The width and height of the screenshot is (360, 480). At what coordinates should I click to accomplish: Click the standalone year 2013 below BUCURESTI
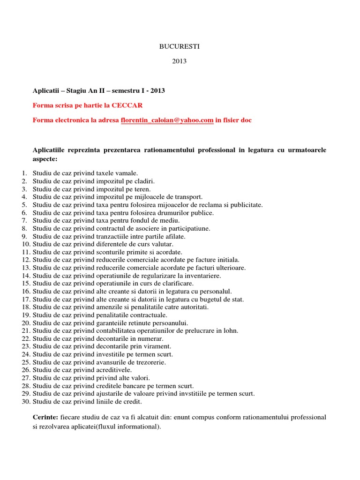click(x=180, y=61)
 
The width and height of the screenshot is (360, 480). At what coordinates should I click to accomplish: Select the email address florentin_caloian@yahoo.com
click(x=167, y=120)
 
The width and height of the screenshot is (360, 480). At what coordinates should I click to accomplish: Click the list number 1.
click(x=24, y=173)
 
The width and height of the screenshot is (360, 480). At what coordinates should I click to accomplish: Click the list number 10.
click(x=26, y=244)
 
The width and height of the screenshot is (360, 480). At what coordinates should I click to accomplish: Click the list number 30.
click(x=26, y=401)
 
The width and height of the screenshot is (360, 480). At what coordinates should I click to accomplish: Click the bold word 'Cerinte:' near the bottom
click(x=45, y=417)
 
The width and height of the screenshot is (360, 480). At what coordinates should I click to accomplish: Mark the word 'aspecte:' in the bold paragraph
click(x=46, y=159)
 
